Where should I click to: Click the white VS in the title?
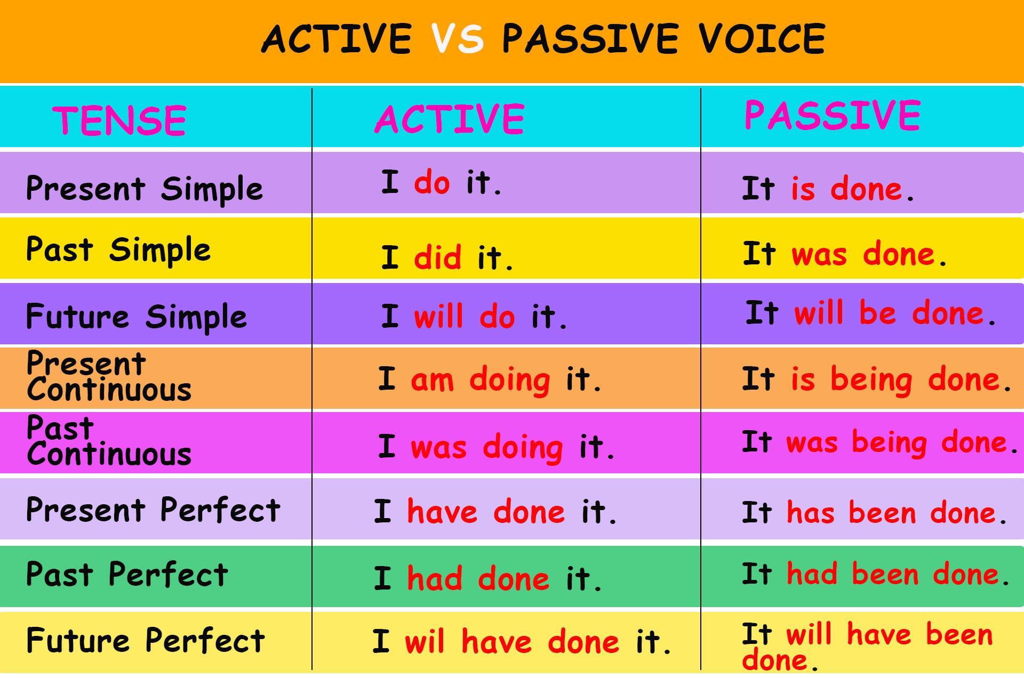point(458,38)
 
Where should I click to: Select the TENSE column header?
point(119,120)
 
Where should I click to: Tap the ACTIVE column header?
point(450,118)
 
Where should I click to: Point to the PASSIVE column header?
point(832,115)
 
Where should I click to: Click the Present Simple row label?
point(145,189)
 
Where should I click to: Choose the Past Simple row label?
point(118,250)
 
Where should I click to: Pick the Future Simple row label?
point(137,317)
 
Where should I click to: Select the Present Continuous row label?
point(109,376)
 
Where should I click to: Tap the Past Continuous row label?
point(109,441)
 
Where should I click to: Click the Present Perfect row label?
point(153,510)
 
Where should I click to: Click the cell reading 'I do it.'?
point(441,182)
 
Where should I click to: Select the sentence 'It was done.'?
point(845,254)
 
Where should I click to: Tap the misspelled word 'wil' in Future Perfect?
point(425,641)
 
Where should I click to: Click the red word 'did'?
point(438,257)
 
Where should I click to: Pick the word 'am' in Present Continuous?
point(433,381)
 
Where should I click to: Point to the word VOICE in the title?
point(762,38)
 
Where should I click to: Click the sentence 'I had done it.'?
point(488,578)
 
